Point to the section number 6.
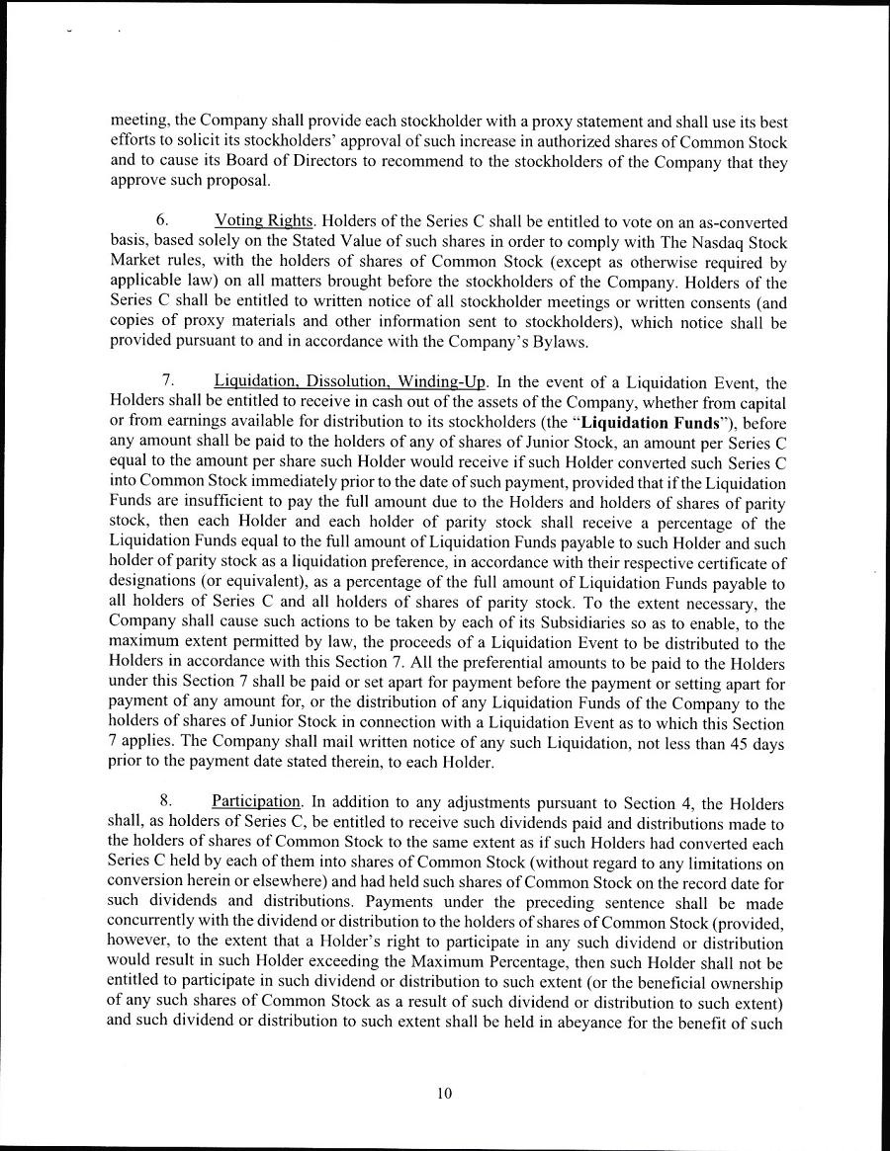(163, 225)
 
